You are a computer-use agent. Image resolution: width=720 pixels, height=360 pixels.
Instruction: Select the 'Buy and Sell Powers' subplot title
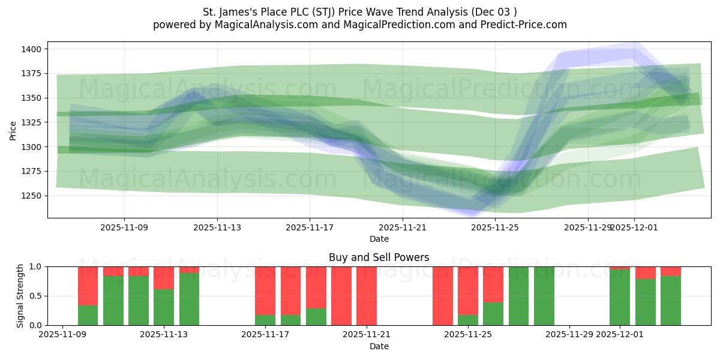(x=379, y=257)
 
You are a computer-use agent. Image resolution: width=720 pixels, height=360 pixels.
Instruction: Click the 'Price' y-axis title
(x=13, y=130)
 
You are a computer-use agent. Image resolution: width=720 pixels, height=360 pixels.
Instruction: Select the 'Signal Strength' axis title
(x=20, y=295)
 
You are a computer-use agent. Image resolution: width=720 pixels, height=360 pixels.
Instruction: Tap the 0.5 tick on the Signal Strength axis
(x=35, y=296)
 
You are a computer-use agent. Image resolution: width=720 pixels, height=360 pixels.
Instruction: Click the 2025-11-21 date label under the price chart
(x=403, y=228)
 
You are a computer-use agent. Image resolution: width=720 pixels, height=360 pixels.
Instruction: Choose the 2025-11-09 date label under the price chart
(x=124, y=228)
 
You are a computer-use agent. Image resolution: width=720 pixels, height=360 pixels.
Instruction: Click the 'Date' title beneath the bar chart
(x=379, y=346)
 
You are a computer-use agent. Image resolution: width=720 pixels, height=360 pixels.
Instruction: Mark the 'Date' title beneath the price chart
(x=379, y=239)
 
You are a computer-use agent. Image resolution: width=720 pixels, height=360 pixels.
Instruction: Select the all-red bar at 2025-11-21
(x=367, y=296)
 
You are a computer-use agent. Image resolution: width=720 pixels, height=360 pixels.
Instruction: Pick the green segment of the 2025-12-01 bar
(x=620, y=298)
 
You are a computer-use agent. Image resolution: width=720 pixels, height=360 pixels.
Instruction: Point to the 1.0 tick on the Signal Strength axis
(x=35, y=266)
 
